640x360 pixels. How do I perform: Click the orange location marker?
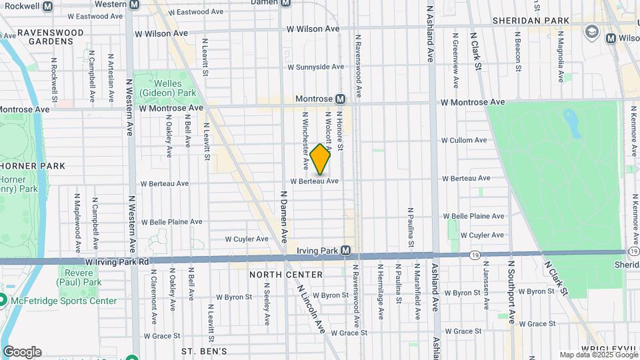[321, 159]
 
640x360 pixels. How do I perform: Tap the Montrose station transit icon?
[340, 99]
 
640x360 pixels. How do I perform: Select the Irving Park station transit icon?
[345, 251]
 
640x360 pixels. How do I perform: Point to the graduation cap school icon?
[591, 32]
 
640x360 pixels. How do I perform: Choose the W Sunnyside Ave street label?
[315, 67]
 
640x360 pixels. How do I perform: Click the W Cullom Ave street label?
[464, 141]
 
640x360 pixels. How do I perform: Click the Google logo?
[21, 352]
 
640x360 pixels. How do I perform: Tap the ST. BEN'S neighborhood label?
[205, 351]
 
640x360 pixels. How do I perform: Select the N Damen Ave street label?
[283, 217]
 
